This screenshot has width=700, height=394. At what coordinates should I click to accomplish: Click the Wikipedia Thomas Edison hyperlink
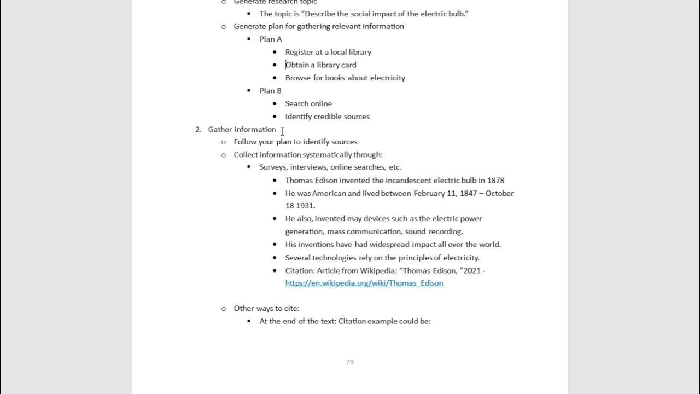364,283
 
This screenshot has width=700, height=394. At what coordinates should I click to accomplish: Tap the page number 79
349,362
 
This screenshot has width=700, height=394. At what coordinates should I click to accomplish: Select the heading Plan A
271,39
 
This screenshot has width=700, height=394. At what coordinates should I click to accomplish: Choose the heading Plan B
271,90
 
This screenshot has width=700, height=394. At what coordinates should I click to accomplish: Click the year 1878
494,180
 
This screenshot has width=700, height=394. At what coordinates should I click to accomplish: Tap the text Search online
308,103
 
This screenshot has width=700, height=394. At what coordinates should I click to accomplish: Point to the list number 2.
198,129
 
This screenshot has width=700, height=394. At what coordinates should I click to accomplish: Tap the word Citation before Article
300,270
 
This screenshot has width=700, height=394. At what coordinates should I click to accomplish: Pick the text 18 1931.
300,206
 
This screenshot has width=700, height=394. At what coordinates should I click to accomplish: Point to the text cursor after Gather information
282,131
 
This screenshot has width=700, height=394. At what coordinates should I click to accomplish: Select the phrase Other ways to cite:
266,308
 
